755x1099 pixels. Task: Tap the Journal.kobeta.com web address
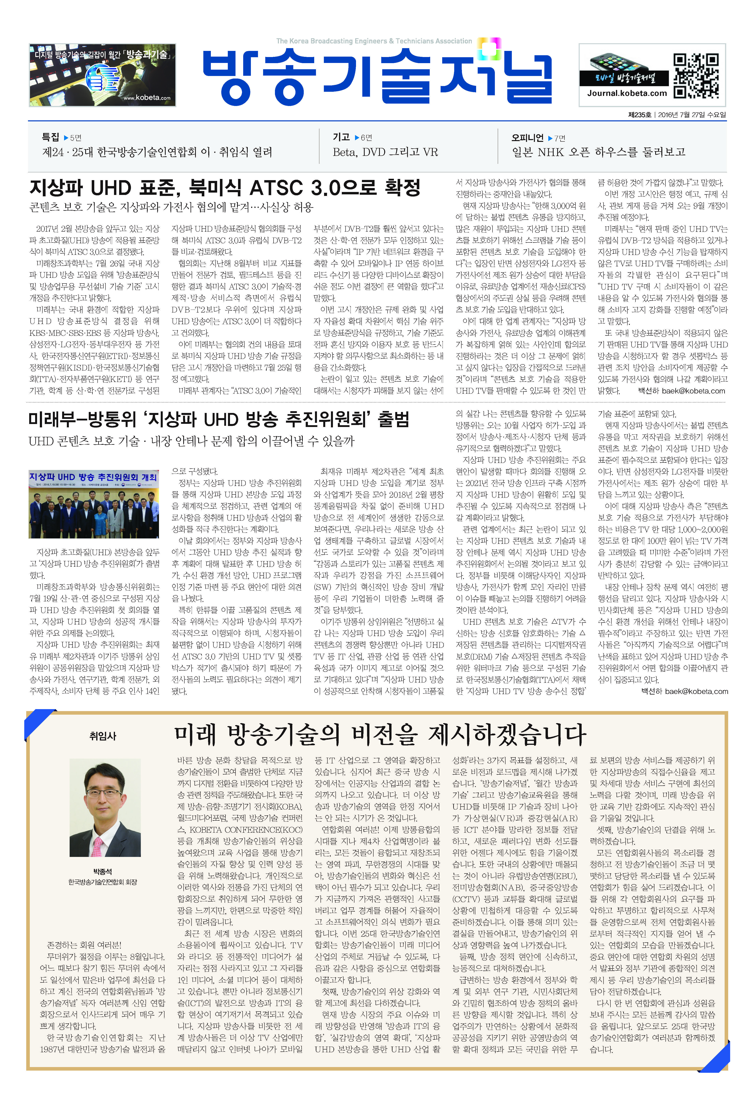tap(627, 93)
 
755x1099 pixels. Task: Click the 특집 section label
tap(51, 137)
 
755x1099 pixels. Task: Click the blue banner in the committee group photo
tap(93, 477)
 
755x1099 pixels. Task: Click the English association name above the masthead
tap(374, 41)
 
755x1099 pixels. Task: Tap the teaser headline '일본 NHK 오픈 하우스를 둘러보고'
tap(598, 152)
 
